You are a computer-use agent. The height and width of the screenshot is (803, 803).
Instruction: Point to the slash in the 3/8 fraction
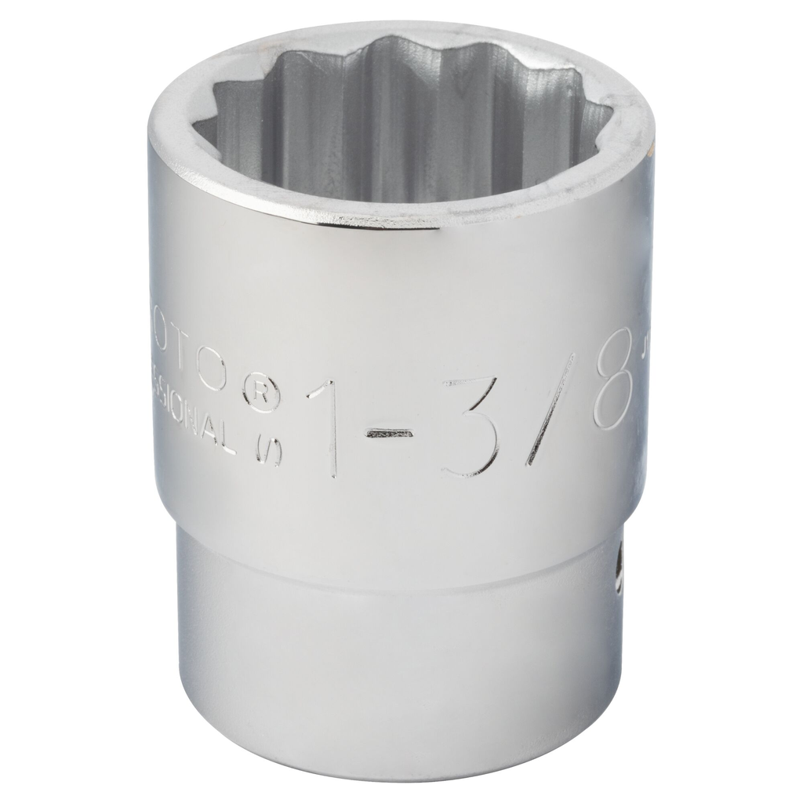[550, 408]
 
